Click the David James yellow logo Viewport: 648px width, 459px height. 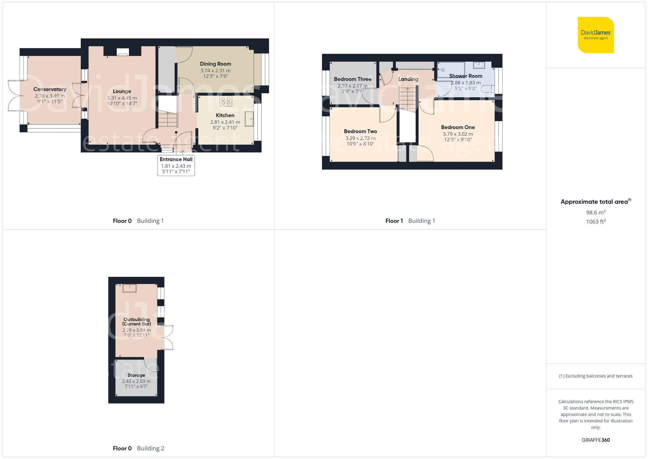(x=596, y=35)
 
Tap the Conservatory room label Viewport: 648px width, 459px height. (x=50, y=89)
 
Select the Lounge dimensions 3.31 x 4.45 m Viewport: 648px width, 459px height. (x=122, y=98)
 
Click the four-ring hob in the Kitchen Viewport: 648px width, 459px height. (x=226, y=101)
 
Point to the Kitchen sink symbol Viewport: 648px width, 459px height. (x=249, y=119)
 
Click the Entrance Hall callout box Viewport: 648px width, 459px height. (x=176, y=165)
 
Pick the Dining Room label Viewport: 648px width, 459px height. (x=215, y=64)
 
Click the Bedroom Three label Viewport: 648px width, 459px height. (x=353, y=79)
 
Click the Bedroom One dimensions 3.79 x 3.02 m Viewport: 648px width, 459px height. (x=458, y=134)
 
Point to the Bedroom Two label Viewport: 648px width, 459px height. (x=360, y=131)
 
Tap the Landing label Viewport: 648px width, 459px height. (x=408, y=79)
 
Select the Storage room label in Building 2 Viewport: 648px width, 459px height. (x=136, y=375)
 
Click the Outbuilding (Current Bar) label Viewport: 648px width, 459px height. (x=136, y=321)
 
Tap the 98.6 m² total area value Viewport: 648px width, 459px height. (x=596, y=212)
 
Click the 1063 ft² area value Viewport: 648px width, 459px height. (x=596, y=222)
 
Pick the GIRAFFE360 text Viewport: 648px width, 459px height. (x=596, y=440)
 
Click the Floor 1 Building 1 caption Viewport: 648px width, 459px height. (x=410, y=221)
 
